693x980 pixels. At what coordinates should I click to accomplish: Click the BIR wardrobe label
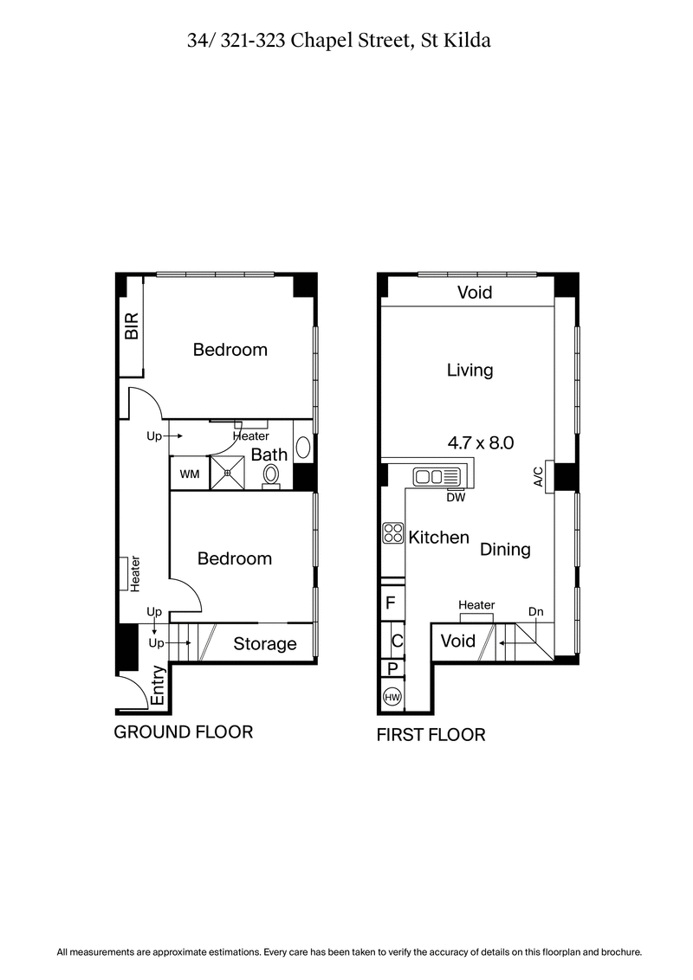coord(133,326)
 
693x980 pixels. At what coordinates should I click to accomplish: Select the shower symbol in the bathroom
coord(229,473)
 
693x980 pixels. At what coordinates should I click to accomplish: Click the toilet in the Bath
coord(271,475)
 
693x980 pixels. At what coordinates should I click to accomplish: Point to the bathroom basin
coord(303,447)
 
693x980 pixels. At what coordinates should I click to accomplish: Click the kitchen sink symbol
coord(440,476)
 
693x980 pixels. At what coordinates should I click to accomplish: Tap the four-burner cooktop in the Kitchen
coord(392,534)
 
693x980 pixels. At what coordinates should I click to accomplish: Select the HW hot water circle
coord(392,697)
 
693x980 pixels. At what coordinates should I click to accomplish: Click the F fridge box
coord(392,603)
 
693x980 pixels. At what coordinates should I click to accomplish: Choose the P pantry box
coord(392,668)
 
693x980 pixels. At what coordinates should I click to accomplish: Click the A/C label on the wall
coord(538,476)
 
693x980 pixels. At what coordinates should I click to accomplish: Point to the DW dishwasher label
coord(455,497)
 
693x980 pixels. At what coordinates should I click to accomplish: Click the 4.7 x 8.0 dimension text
coord(481,442)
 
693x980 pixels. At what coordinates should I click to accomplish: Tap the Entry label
coord(159,686)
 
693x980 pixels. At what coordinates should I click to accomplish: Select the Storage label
coord(265,644)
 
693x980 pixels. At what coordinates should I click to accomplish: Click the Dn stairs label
coord(536,612)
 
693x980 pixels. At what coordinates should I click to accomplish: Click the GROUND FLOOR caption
coord(184,732)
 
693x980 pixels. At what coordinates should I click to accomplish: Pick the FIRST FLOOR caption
coord(431,735)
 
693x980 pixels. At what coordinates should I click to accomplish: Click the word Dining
coord(505,549)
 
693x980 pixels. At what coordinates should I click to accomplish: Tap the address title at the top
coord(339,40)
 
